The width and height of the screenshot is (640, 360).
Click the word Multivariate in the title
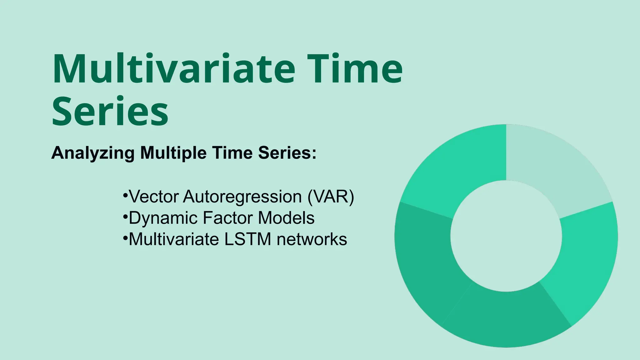click(x=174, y=69)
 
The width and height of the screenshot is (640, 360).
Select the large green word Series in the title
click(x=110, y=112)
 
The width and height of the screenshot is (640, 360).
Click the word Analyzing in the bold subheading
click(x=93, y=153)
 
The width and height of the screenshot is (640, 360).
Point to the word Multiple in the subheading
click(x=173, y=153)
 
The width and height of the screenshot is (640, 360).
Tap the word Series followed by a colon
click(x=287, y=153)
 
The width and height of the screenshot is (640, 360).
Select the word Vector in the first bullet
click(x=154, y=197)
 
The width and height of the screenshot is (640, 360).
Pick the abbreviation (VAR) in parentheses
click(x=331, y=197)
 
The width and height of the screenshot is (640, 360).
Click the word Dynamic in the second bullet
click(x=163, y=218)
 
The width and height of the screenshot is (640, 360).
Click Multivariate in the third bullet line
click(x=174, y=239)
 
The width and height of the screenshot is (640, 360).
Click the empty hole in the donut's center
click(x=506, y=236)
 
